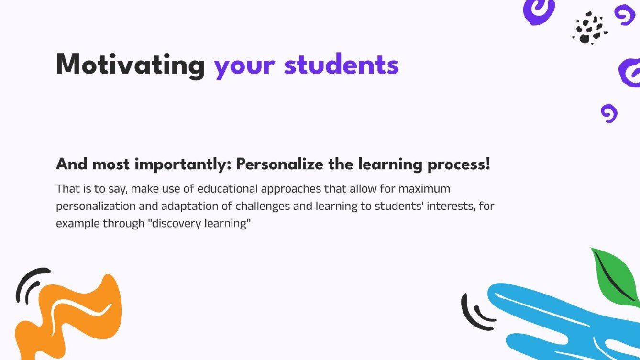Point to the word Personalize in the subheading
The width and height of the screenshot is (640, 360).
coord(280,165)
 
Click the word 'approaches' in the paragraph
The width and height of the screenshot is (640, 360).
coord(292,189)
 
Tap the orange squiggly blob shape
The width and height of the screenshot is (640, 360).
coord(72,316)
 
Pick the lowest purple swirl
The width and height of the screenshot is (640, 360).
coord(609,113)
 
